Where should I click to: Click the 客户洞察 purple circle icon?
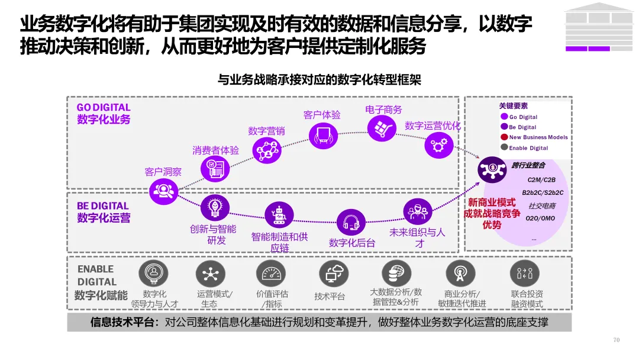tap(163, 190)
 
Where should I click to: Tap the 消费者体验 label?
tap(215, 150)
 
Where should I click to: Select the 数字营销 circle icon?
tap(267, 151)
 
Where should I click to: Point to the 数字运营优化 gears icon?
tap(438, 145)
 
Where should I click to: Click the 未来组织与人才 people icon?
tap(417, 211)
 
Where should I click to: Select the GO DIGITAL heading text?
tap(104, 108)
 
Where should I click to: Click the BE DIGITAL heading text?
tap(103, 206)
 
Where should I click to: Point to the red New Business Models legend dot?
tap(504, 137)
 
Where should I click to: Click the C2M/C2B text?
tap(541, 180)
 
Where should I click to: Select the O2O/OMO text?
tap(540, 218)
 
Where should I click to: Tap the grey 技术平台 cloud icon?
tap(333, 274)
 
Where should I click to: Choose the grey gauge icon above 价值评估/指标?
tap(271, 274)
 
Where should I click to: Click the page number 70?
tap(616, 340)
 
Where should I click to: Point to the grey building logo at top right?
tap(597, 27)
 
